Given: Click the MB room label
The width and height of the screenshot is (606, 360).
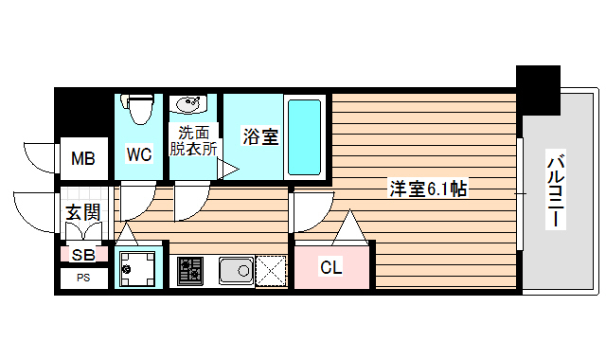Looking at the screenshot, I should tap(83, 159).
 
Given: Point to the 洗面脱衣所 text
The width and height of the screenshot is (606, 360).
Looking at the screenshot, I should tap(193, 140).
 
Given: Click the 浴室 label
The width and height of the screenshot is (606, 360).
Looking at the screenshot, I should tap(259, 136).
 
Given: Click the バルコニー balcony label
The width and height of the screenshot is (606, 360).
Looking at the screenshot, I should tap(556, 190).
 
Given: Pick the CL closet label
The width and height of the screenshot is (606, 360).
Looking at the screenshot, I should tap(330, 267).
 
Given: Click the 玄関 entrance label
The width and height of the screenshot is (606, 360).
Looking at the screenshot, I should tap(83, 211).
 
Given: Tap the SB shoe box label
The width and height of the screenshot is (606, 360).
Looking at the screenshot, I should tap(83, 254).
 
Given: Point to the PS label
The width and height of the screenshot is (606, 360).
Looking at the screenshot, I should tap(83, 278).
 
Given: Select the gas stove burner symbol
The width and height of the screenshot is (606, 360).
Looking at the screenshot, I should tap(190, 270).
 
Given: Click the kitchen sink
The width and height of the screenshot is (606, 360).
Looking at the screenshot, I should tap(236, 271).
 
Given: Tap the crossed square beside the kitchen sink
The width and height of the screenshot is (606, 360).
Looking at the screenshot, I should tap(272, 271).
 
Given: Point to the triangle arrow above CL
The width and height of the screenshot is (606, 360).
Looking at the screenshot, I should tap(350, 228).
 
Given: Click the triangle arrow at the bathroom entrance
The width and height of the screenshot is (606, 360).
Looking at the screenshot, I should tap(227, 170).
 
